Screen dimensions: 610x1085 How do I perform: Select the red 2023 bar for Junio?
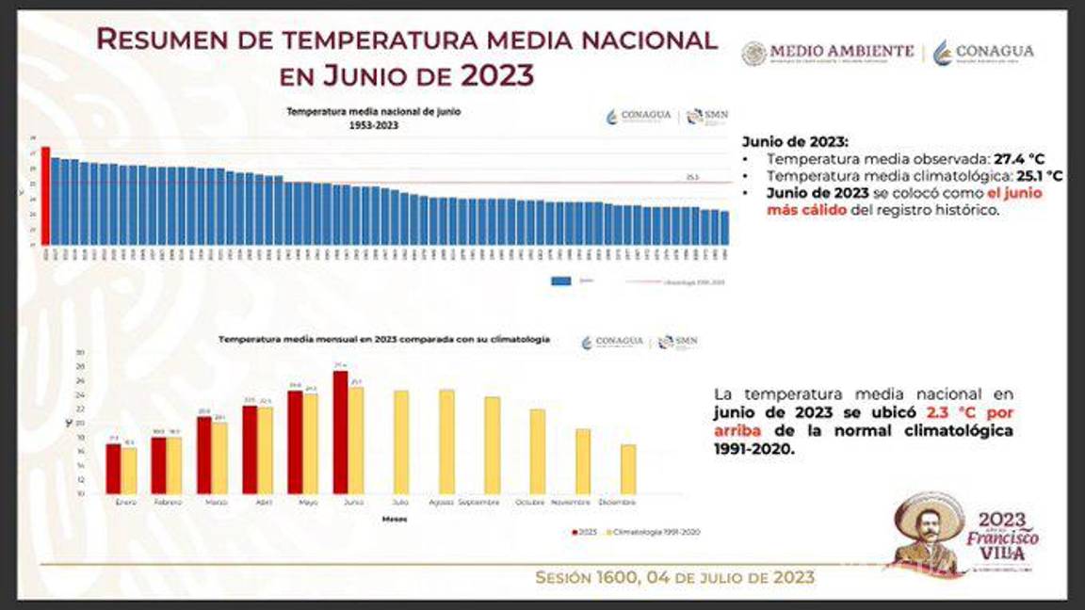point(341,433)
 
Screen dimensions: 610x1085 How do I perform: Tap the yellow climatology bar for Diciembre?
point(628,469)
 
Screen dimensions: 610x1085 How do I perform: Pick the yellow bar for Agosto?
point(446,441)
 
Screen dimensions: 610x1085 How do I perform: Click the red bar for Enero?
point(113,469)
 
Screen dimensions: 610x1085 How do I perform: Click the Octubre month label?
point(530,503)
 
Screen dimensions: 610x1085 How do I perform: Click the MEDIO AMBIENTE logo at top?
point(827,53)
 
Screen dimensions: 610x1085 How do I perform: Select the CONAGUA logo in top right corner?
point(983,53)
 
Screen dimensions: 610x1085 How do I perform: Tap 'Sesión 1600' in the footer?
point(586,577)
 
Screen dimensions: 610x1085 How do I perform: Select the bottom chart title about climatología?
point(384,339)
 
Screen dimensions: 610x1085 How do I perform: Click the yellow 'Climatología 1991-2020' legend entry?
point(654,532)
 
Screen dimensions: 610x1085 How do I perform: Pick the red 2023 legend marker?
point(575,532)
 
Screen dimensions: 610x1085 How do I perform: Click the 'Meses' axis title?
point(395,519)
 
